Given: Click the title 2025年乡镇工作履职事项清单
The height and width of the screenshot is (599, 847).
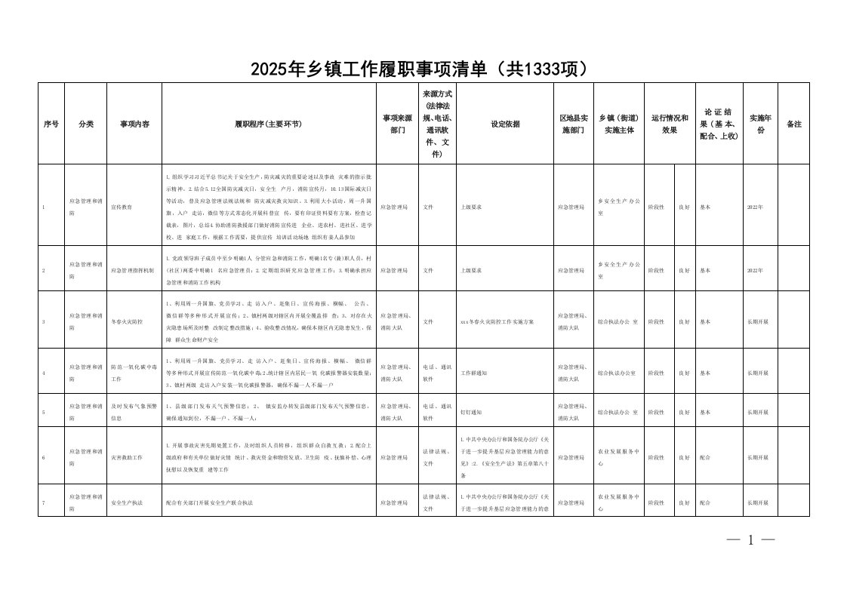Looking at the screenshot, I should pos(419,69).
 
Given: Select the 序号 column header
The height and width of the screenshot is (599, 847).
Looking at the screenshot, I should pos(51,124).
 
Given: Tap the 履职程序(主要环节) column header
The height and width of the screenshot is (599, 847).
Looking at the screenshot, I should pos(269,124).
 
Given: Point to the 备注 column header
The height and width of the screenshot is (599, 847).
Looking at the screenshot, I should pos(793,124).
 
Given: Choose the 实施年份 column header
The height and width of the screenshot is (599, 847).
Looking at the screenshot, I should pos(759,124).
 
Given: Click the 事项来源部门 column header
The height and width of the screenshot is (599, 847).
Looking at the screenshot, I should pos(397,124).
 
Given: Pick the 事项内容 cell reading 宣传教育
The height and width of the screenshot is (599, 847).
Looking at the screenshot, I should pos(122,205).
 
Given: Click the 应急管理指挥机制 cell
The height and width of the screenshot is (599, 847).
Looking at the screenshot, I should pos(133,269).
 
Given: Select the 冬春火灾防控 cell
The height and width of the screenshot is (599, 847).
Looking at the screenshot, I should pos(126,321).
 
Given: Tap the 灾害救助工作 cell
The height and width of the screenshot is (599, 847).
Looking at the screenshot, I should pos(125,457).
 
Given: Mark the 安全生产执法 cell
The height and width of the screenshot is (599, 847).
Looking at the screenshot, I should pos(125,502).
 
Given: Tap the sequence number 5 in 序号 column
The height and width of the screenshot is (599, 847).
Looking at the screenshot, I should pos(44,412).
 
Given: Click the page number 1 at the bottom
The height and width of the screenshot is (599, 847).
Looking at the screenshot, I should pos(750,539).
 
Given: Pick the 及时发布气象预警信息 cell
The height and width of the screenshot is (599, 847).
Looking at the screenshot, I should pos(133,412).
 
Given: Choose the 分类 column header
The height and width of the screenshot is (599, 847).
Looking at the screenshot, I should pos(85,124).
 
